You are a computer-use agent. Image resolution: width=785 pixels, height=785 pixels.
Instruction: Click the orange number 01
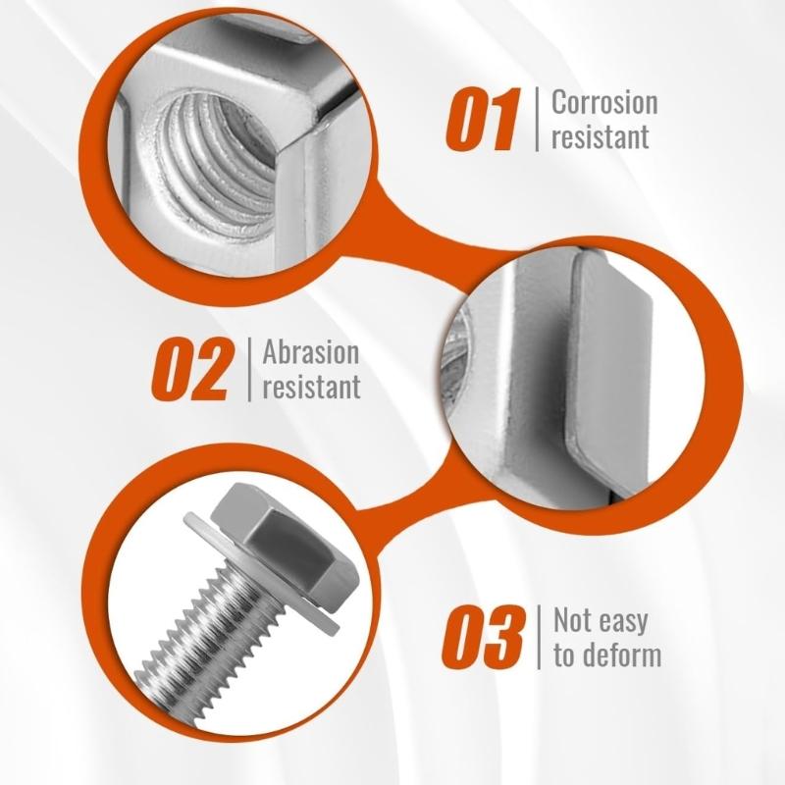(x=482, y=119)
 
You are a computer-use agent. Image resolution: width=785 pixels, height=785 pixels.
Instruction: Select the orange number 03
(x=483, y=637)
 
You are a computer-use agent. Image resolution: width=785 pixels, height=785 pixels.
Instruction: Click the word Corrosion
(x=604, y=102)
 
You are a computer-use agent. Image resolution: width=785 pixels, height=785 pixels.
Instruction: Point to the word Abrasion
(x=311, y=352)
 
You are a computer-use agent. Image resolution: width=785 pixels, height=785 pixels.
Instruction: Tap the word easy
(x=623, y=622)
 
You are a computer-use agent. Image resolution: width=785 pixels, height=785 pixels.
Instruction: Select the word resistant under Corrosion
(x=601, y=136)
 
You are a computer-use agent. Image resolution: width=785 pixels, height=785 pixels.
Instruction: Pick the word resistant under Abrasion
(x=311, y=387)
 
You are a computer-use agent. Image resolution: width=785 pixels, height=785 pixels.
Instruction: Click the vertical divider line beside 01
(x=537, y=119)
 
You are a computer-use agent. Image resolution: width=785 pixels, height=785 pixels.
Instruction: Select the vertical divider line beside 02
(x=249, y=370)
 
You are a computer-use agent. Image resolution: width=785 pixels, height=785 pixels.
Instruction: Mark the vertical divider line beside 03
(x=539, y=637)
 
